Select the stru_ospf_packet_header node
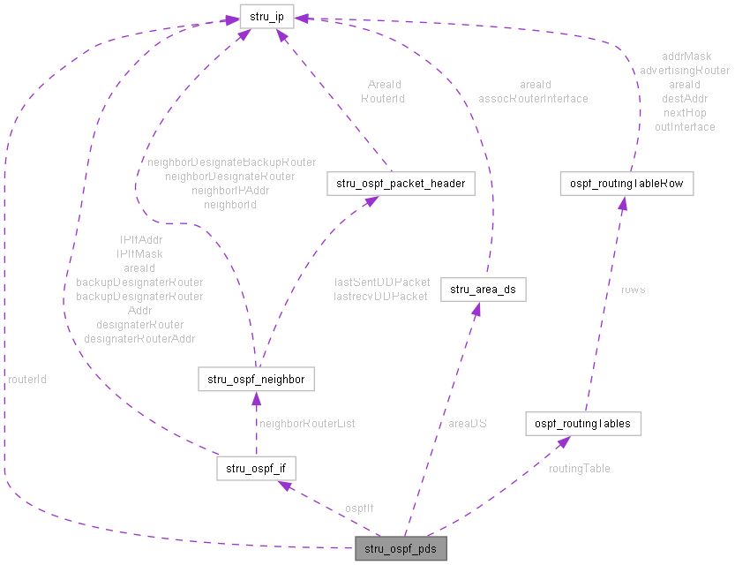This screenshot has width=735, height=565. (401, 184)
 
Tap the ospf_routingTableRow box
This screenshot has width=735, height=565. (626, 184)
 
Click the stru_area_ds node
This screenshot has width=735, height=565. (483, 289)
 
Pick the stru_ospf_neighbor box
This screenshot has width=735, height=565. (256, 380)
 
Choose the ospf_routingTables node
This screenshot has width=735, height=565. (582, 423)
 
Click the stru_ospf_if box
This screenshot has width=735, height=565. (256, 467)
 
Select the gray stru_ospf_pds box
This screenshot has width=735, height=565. (401, 549)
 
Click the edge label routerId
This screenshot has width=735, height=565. (27, 379)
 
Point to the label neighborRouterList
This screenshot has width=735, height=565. (307, 424)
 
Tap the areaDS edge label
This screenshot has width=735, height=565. (468, 424)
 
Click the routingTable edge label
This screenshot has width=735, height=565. (579, 468)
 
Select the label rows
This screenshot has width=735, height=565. (633, 290)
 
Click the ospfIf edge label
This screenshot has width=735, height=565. (359, 508)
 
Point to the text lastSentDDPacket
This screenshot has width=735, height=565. (382, 282)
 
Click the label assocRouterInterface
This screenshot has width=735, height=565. (533, 99)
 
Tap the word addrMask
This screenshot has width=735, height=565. (686, 56)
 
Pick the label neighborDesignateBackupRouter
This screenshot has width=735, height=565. (231, 162)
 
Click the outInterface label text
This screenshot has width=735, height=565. (685, 127)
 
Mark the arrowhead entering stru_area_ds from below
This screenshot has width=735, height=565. (476, 309)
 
